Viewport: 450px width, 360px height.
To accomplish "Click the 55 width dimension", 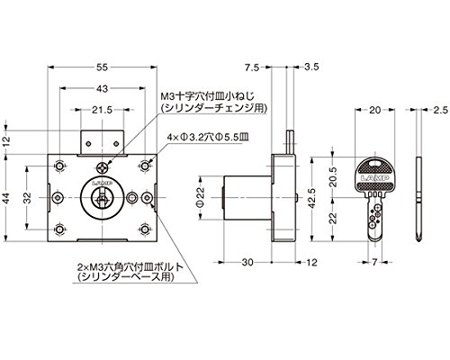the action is (103, 67).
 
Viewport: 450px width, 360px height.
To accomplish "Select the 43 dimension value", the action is (103, 88).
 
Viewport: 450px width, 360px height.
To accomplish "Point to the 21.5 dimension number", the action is (102, 110).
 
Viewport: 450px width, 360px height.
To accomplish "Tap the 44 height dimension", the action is (6, 197).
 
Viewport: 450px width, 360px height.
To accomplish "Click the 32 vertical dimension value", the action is (28, 197).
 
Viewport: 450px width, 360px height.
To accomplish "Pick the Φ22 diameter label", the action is (200, 198).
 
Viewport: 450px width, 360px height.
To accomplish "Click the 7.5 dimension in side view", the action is (251, 67).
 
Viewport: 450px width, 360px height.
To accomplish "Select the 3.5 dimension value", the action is (311, 67).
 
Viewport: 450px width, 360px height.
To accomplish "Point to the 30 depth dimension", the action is (247, 262).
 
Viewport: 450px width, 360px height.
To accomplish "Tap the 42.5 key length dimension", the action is (311, 198).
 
